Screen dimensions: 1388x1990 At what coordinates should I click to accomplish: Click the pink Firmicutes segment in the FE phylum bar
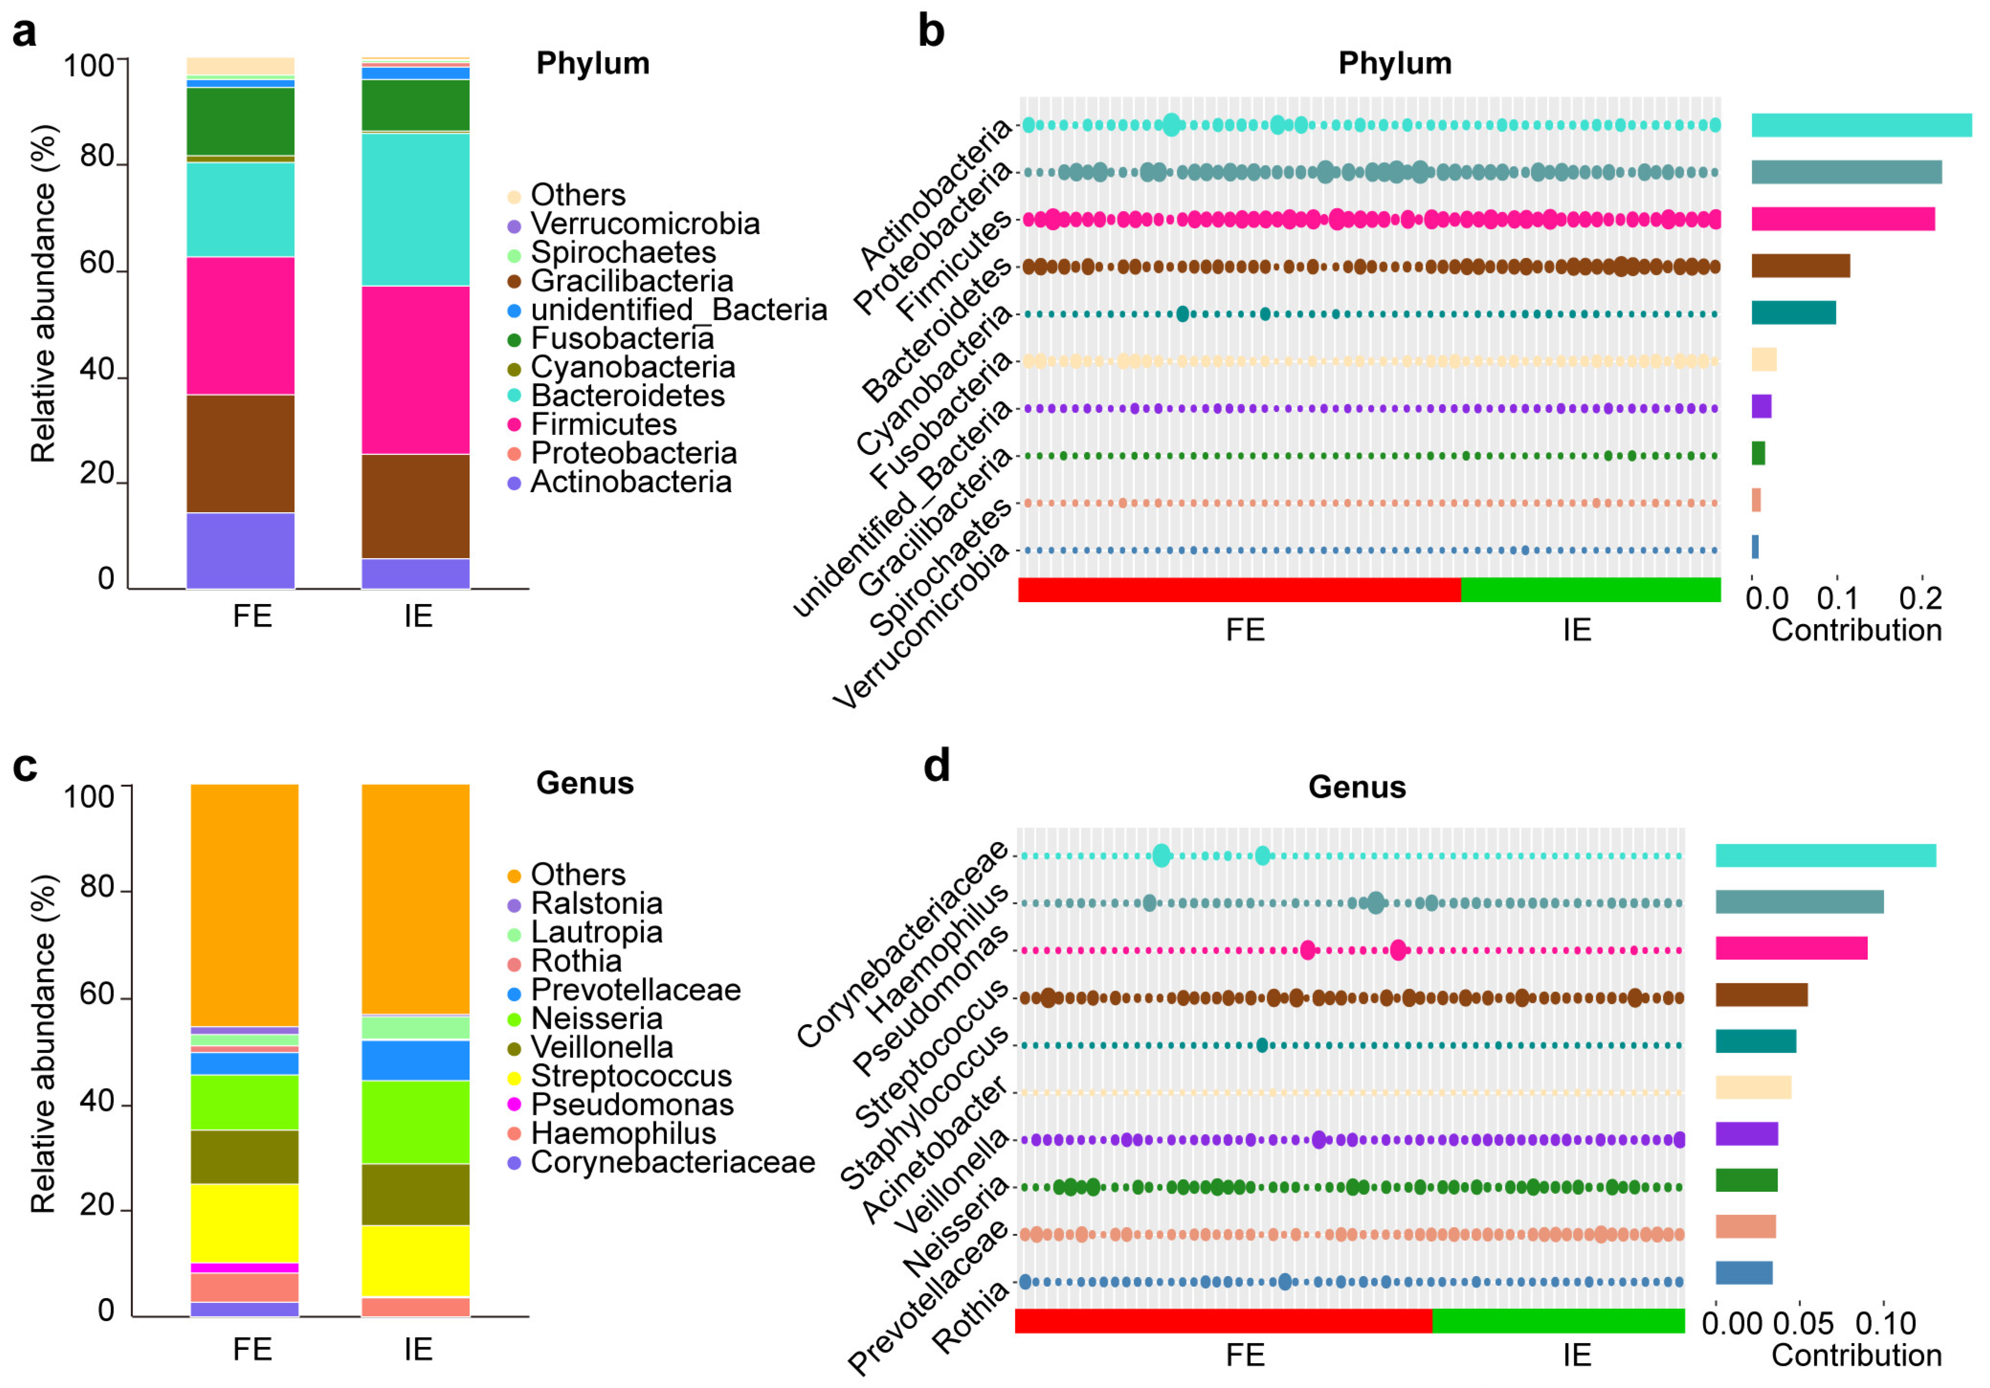pyautogui.click(x=240, y=326)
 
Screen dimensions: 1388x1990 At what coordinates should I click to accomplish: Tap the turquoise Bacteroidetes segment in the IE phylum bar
pyautogui.click(x=415, y=209)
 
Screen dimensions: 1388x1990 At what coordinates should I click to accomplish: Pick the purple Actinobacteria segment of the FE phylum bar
pyautogui.click(x=240, y=551)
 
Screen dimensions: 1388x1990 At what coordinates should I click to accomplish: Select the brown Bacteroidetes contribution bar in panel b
pyautogui.click(x=1799, y=266)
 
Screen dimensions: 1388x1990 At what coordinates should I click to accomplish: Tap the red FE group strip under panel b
pyautogui.click(x=1239, y=590)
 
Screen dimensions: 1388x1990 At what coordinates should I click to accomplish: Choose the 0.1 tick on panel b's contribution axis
pyautogui.click(x=1836, y=598)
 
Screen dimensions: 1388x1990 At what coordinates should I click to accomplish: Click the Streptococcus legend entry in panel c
pyautogui.click(x=630, y=1076)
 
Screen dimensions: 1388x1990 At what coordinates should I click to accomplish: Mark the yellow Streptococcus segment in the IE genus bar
pyautogui.click(x=415, y=1261)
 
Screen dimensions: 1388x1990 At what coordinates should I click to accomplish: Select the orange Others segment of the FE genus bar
pyautogui.click(x=245, y=905)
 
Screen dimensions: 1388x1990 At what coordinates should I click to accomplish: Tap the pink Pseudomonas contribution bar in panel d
pyautogui.click(x=1790, y=948)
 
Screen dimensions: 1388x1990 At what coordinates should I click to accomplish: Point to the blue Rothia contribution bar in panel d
pyautogui.click(x=1743, y=1273)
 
